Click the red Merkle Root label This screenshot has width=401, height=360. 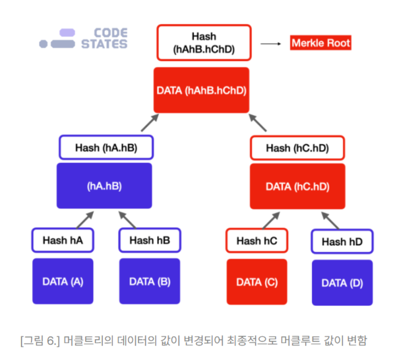point(321,43)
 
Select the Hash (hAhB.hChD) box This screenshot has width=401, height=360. point(204,43)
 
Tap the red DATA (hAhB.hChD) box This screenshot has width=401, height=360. point(201,90)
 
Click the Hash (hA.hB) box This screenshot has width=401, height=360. point(106,147)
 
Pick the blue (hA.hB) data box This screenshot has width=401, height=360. point(104,186)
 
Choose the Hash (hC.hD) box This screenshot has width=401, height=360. point(297,148)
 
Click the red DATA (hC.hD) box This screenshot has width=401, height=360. point(297,186)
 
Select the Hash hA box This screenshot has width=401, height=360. point(63,240)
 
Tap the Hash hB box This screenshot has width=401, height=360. point(149,240)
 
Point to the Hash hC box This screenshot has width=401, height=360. point(257,241)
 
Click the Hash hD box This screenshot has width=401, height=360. point(342,242)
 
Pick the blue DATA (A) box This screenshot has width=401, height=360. point(63,281)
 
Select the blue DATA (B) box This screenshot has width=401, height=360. point(149,281)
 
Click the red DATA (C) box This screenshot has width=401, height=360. point(257,282)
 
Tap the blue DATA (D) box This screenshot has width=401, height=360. point(342,283)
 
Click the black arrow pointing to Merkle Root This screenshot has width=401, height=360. point(271,43)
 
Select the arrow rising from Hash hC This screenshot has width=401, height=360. point(271,220)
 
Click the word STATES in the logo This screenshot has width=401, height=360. point(104,44)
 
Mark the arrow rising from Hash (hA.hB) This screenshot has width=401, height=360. point(150,123)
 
